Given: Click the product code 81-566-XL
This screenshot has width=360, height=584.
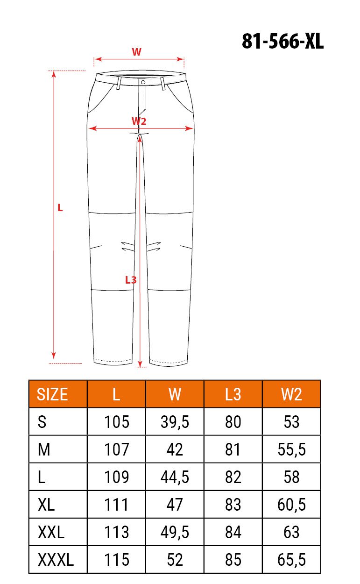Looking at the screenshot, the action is point(282,42).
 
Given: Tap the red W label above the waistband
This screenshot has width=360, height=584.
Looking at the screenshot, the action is point(136,52).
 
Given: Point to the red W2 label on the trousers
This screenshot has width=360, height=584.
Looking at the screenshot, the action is point(139,121).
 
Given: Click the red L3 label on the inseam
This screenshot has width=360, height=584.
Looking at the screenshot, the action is point(131,280).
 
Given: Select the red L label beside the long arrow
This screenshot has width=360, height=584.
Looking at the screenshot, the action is point(60,208).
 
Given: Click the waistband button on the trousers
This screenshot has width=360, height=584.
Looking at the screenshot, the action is point(143,82).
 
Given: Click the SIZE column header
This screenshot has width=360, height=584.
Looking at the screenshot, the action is point(52,394).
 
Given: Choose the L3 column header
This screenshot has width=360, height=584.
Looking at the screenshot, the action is point(233,394).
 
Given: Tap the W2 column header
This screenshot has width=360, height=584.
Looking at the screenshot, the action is point(291,394).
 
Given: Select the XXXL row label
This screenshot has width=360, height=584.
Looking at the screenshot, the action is point(56,560).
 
